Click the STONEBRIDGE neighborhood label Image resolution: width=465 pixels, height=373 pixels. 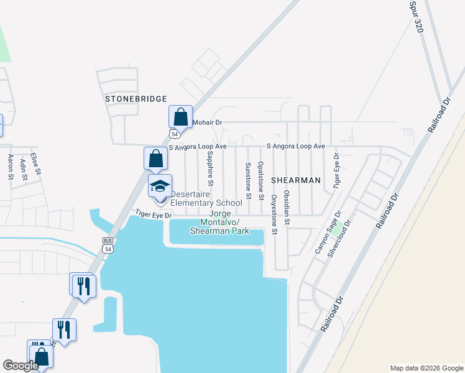click(136, 99)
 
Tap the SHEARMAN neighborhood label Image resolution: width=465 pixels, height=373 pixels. click(295, 180)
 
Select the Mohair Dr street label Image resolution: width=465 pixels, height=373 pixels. click(207, 123)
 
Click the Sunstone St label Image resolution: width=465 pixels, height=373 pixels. click(247, 180)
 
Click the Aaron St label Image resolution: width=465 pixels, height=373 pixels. click(11, 167)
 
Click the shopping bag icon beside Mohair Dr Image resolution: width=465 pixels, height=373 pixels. click(180, 116)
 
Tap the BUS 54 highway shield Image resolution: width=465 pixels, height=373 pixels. click(108, 246)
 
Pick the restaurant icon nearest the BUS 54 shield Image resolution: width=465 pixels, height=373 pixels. click(82, 285)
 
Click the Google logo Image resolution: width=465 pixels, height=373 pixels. click(21, 366)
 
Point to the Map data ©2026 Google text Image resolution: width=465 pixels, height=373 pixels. click(426, 368)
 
